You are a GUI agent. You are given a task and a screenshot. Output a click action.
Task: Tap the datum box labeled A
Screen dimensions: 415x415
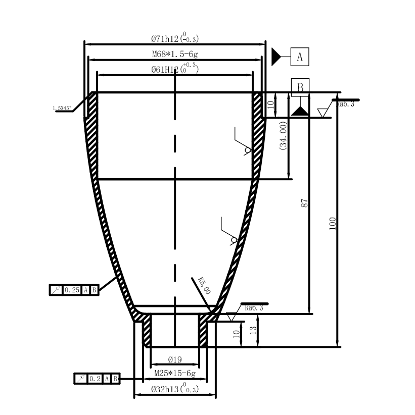click(x=300, y=57)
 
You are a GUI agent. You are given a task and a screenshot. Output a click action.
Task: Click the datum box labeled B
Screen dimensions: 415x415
click(x=300, y=87)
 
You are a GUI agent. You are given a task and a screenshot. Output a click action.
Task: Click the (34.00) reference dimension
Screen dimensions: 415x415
click(x=283, y=135)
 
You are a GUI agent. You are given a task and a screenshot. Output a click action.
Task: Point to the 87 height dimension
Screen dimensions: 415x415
click(x=304, y=203)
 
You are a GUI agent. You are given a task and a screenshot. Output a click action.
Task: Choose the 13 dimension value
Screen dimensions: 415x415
click(x=254, y=331)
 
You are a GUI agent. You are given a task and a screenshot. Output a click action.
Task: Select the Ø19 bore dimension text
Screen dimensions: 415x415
click(x=174, y=360)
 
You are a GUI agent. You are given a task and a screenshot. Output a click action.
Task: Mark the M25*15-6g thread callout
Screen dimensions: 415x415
click(x=174, y=375)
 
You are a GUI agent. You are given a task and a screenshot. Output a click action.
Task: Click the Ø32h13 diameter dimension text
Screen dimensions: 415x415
click(x=175, y=390)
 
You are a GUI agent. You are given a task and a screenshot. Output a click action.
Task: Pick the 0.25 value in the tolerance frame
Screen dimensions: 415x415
click(x=72, y=290)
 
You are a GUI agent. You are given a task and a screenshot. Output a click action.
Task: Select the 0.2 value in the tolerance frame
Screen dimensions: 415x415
click(x=95, y=378)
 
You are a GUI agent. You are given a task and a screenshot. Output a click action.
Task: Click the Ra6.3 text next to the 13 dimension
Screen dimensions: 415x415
click(x=254, y=307)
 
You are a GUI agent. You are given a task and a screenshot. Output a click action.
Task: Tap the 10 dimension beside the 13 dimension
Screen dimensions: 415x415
click(x=237, y=334)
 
